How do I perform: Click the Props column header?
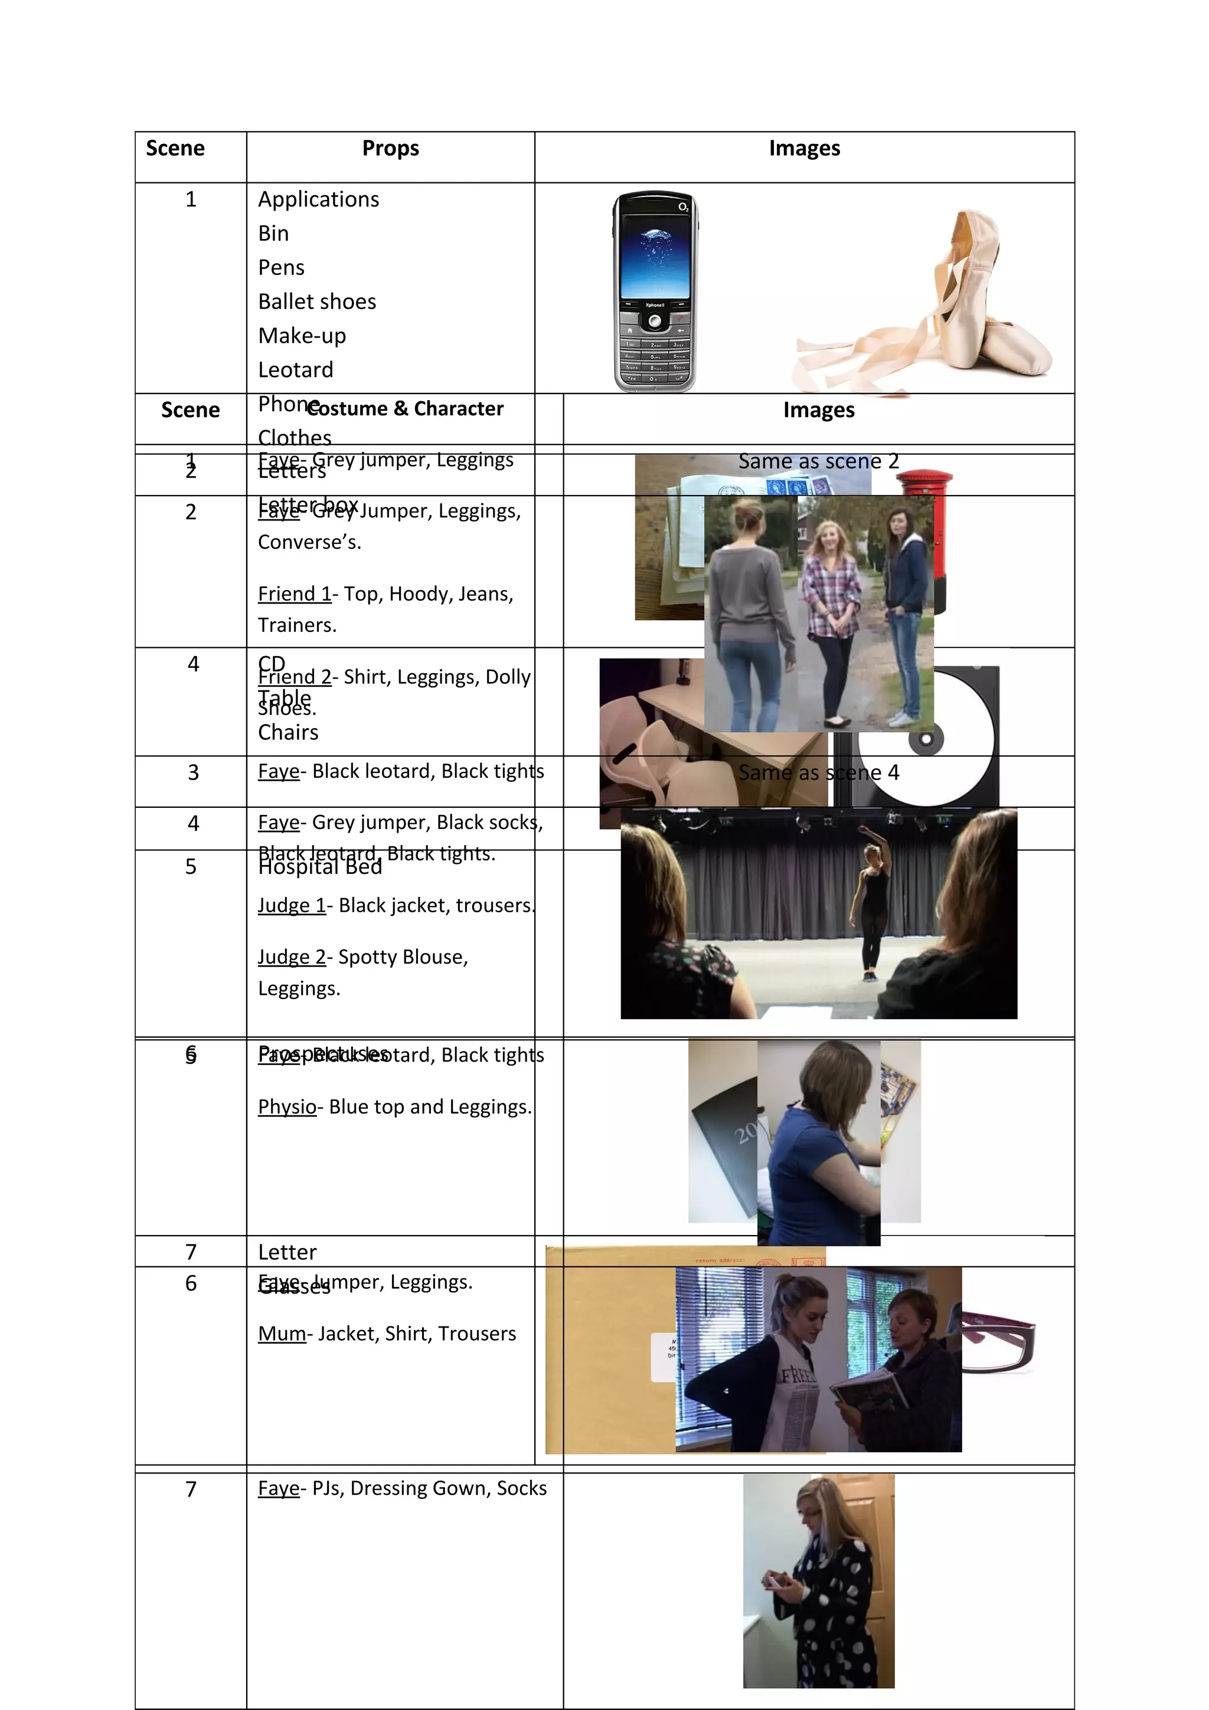coord(390,148)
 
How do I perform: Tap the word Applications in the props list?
coord(318,199)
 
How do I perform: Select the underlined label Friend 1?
coord(294,594)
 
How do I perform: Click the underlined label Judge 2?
coord(291,957)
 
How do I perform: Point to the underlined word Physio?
coord(287,1107)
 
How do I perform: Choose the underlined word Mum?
coord(282,1333)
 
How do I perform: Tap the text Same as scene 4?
coord(818,773)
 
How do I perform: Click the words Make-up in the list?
coord(302,336)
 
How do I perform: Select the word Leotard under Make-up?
coord(295,370)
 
